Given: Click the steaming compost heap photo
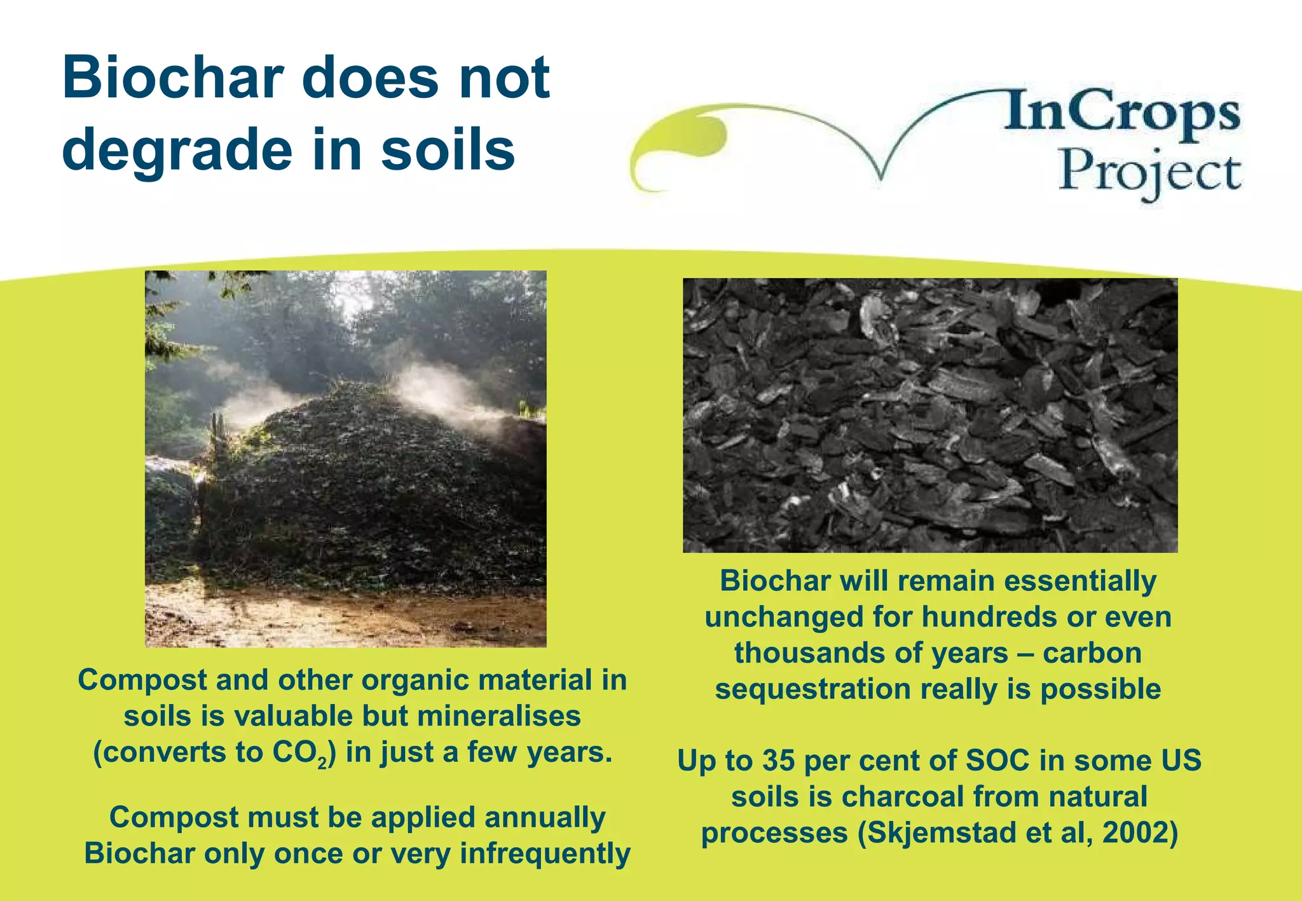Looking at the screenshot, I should click(345, 459).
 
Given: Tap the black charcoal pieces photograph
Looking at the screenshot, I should click(929, 415).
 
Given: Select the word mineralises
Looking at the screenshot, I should click(498, 716).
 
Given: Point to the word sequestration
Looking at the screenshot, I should click(812, 689).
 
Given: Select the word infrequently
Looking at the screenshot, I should click(545, 854).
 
